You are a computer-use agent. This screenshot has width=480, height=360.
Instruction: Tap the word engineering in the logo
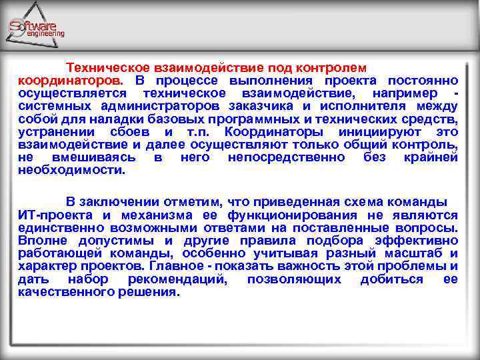45,33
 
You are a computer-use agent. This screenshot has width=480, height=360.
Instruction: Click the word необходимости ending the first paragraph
71,170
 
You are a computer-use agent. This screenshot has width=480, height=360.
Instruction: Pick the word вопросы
427,227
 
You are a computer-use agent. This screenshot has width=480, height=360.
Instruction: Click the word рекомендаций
175,279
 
